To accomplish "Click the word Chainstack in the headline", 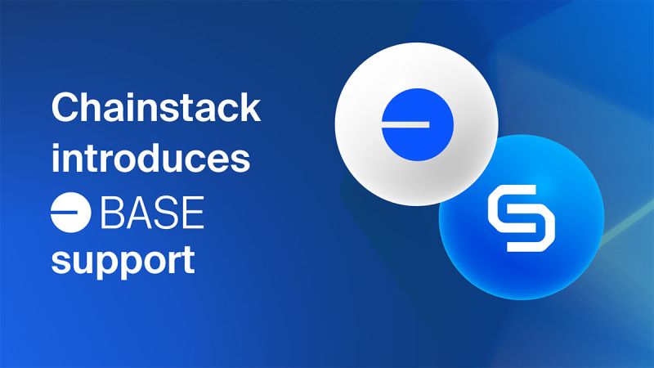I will click(x=155, y=110).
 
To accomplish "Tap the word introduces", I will click(x=150, y=159).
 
